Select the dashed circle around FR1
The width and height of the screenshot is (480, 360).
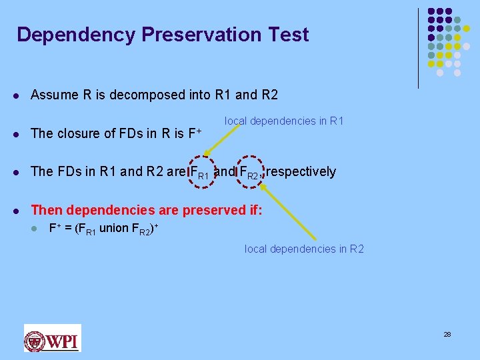(200, 172)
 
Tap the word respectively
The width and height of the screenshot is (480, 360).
(301, 172)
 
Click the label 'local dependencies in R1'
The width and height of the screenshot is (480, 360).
(284, 121)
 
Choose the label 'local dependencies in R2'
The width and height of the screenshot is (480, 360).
(304, 249)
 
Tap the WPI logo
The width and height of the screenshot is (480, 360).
(52, 337)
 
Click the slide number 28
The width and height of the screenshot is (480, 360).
(447, 334)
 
